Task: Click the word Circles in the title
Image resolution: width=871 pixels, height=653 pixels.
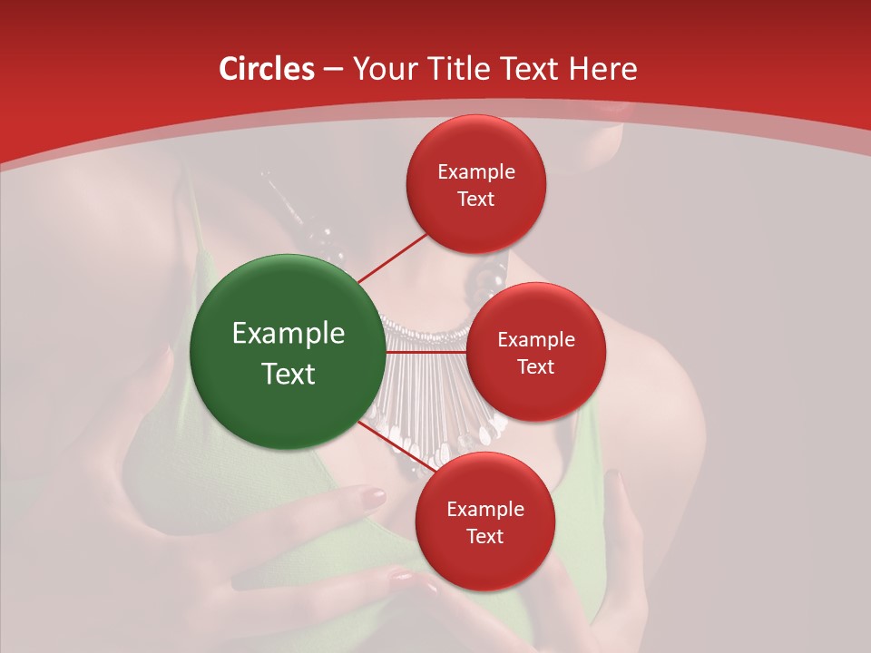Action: click(267, 69)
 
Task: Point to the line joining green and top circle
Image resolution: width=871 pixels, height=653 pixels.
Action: click(392, 258)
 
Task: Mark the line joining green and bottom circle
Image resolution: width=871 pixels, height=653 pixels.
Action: click(396, 449)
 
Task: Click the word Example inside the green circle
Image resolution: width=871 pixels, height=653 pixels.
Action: click(289, 333)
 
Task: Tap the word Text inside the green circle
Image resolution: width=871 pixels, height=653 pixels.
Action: click(289, 373)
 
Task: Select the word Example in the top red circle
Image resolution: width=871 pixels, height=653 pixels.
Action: click(475, 172)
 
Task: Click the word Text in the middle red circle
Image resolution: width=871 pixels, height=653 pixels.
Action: click(535, 366)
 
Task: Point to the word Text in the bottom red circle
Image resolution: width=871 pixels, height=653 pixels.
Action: click(484, 536)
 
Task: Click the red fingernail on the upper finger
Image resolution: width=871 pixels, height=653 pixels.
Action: click(373, 496)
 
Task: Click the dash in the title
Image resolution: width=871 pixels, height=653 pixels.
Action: click(332, 70)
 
